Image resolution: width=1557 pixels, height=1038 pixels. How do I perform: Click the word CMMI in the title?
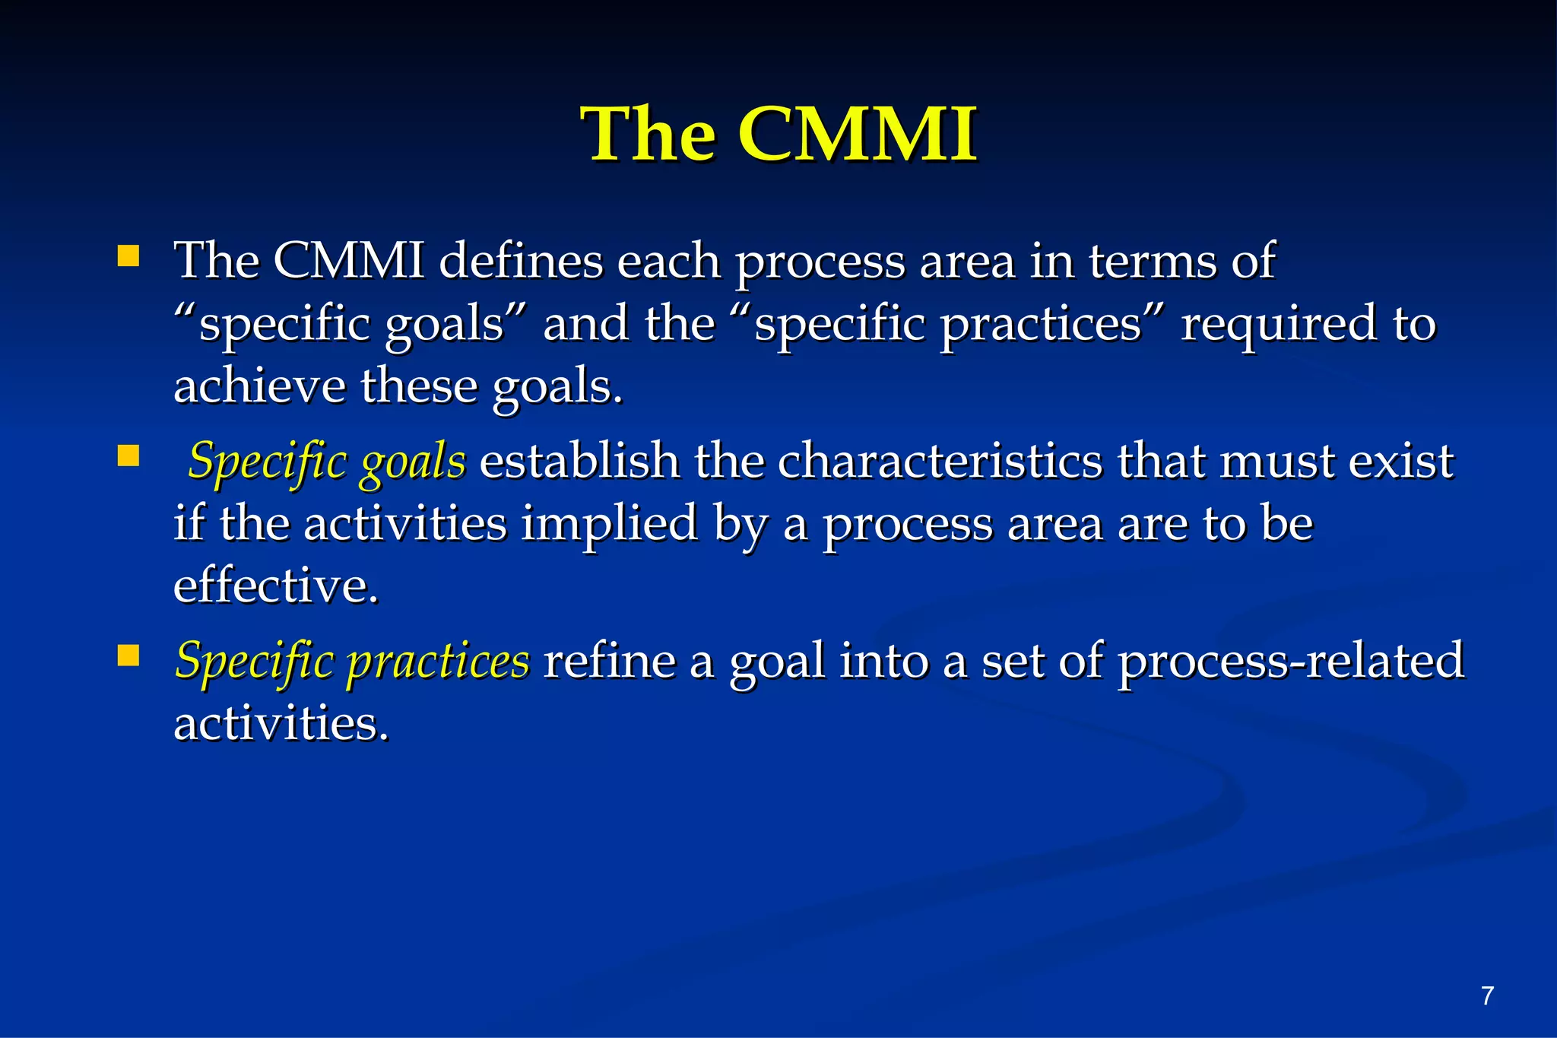pos(857,135)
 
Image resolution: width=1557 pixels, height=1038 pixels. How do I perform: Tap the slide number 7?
pos(1488,995)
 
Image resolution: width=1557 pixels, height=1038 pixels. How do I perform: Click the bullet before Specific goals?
pos(128,456)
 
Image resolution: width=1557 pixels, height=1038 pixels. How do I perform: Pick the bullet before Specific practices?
pos(128,655)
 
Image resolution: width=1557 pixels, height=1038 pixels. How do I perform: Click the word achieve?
pos(259,386)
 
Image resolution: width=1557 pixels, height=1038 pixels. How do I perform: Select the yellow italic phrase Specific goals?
pos(327,462)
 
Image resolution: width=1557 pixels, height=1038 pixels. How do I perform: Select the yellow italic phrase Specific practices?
pos(352,661)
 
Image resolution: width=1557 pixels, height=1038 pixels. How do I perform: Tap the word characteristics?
pos(940,462)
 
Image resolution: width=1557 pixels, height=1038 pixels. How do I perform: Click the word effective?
pos(275,586)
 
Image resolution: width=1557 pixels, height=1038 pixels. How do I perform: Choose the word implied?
pos(609,524)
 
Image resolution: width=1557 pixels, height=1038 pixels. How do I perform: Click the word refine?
pos(610,661)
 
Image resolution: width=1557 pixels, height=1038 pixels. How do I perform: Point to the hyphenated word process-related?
pos(1290,661)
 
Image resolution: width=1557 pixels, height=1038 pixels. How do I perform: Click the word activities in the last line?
pos(281,723)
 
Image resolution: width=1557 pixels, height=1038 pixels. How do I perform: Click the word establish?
pos(579,462)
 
